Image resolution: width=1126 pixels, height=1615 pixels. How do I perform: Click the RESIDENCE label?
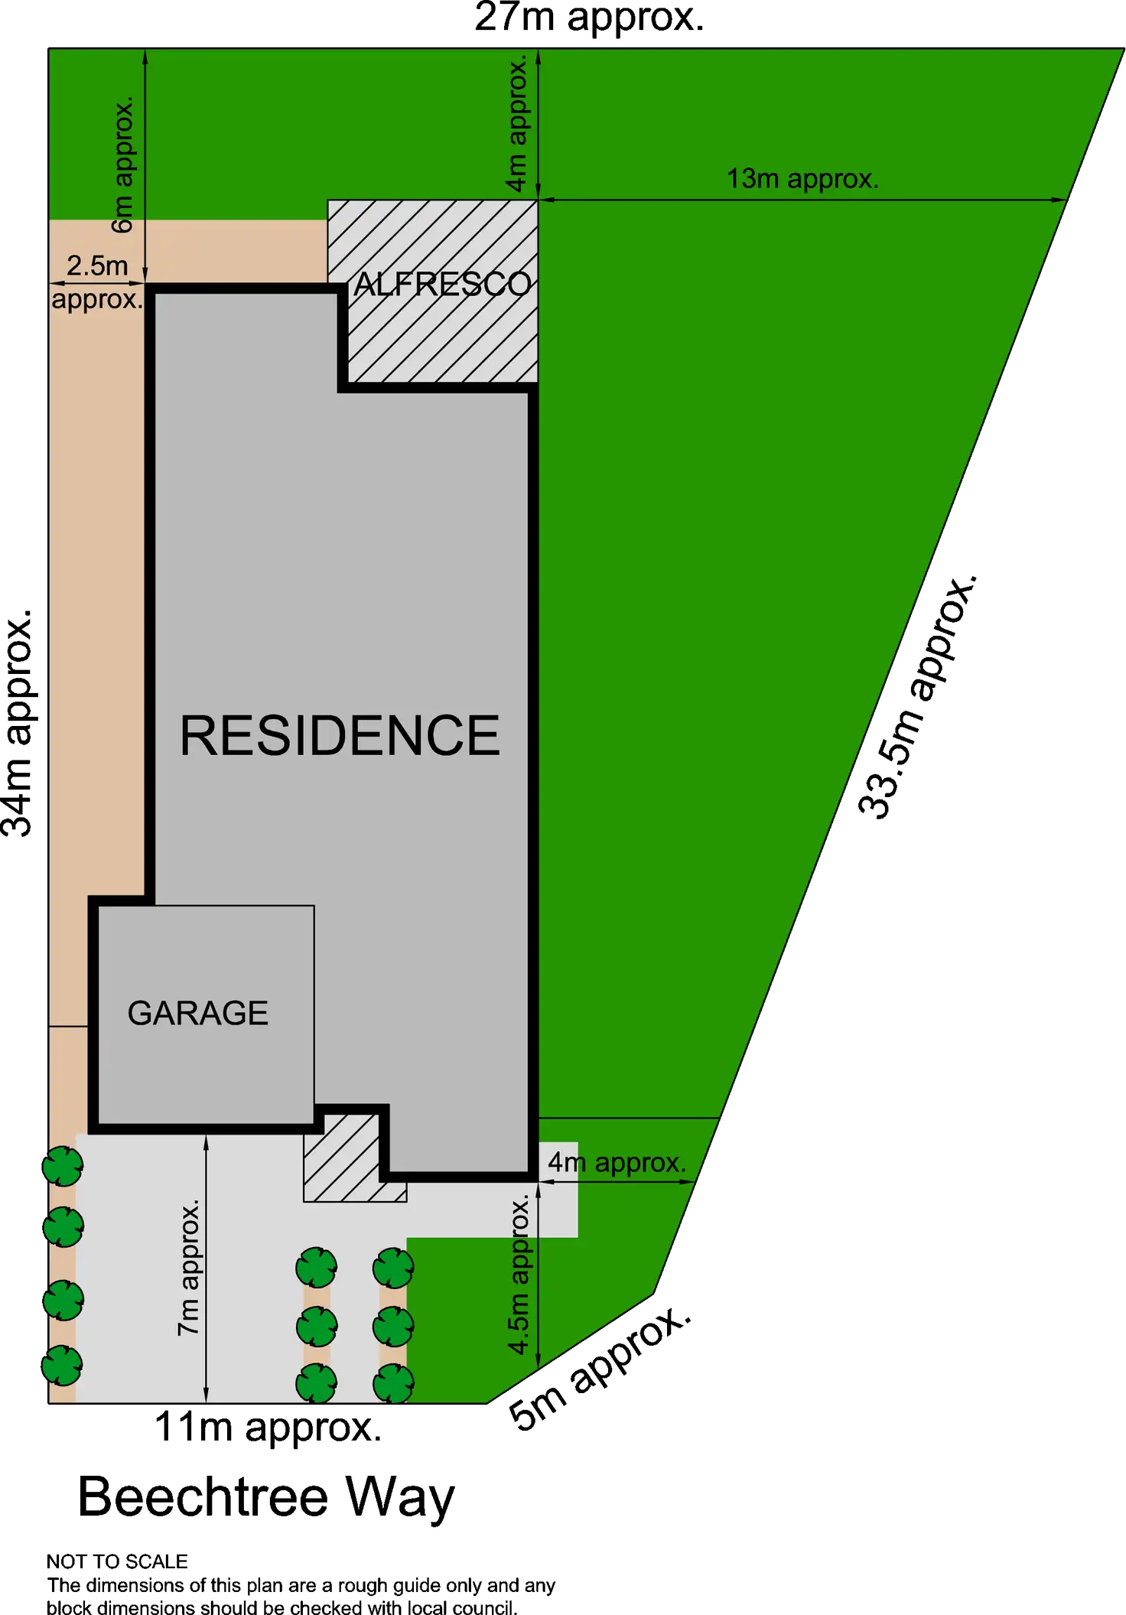click(340, 736)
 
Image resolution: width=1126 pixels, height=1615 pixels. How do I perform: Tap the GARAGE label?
click(197, 1013)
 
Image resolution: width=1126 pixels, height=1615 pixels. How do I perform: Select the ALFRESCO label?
click(442, 285)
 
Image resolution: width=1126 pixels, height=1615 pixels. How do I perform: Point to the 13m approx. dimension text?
click(802, 179)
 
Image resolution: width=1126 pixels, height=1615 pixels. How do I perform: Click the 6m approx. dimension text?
click(123, 164)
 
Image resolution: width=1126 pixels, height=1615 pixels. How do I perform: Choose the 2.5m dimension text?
click(97, 266)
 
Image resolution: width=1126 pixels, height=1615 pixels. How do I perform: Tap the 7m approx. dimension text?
click(189, 1268)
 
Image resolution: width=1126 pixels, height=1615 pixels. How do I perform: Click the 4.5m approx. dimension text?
click(519, 1274)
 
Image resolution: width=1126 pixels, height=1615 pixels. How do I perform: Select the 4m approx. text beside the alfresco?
click(517, 122)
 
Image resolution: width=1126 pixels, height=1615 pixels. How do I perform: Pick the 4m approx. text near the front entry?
click(617, 1163)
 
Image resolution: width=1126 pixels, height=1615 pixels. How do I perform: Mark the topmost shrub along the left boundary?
click(63, 1167)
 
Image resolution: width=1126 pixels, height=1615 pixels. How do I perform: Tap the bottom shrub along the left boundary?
click(62, 1366)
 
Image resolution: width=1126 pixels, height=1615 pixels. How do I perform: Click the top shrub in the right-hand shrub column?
click(393, 1268)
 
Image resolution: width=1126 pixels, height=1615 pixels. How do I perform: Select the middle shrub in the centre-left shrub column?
click(317, 1326)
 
